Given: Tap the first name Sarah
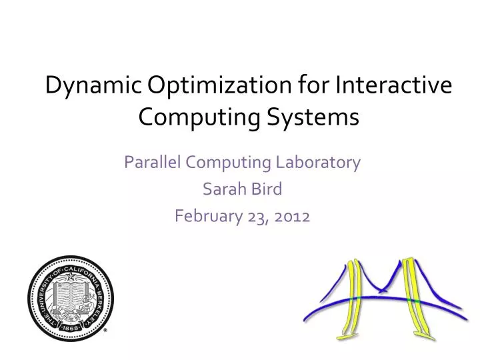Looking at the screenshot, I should click(x=220, y=189).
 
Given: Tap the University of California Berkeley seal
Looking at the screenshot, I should click(x=70, y=297).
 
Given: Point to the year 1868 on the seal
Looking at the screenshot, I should click(x=70, y=329).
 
